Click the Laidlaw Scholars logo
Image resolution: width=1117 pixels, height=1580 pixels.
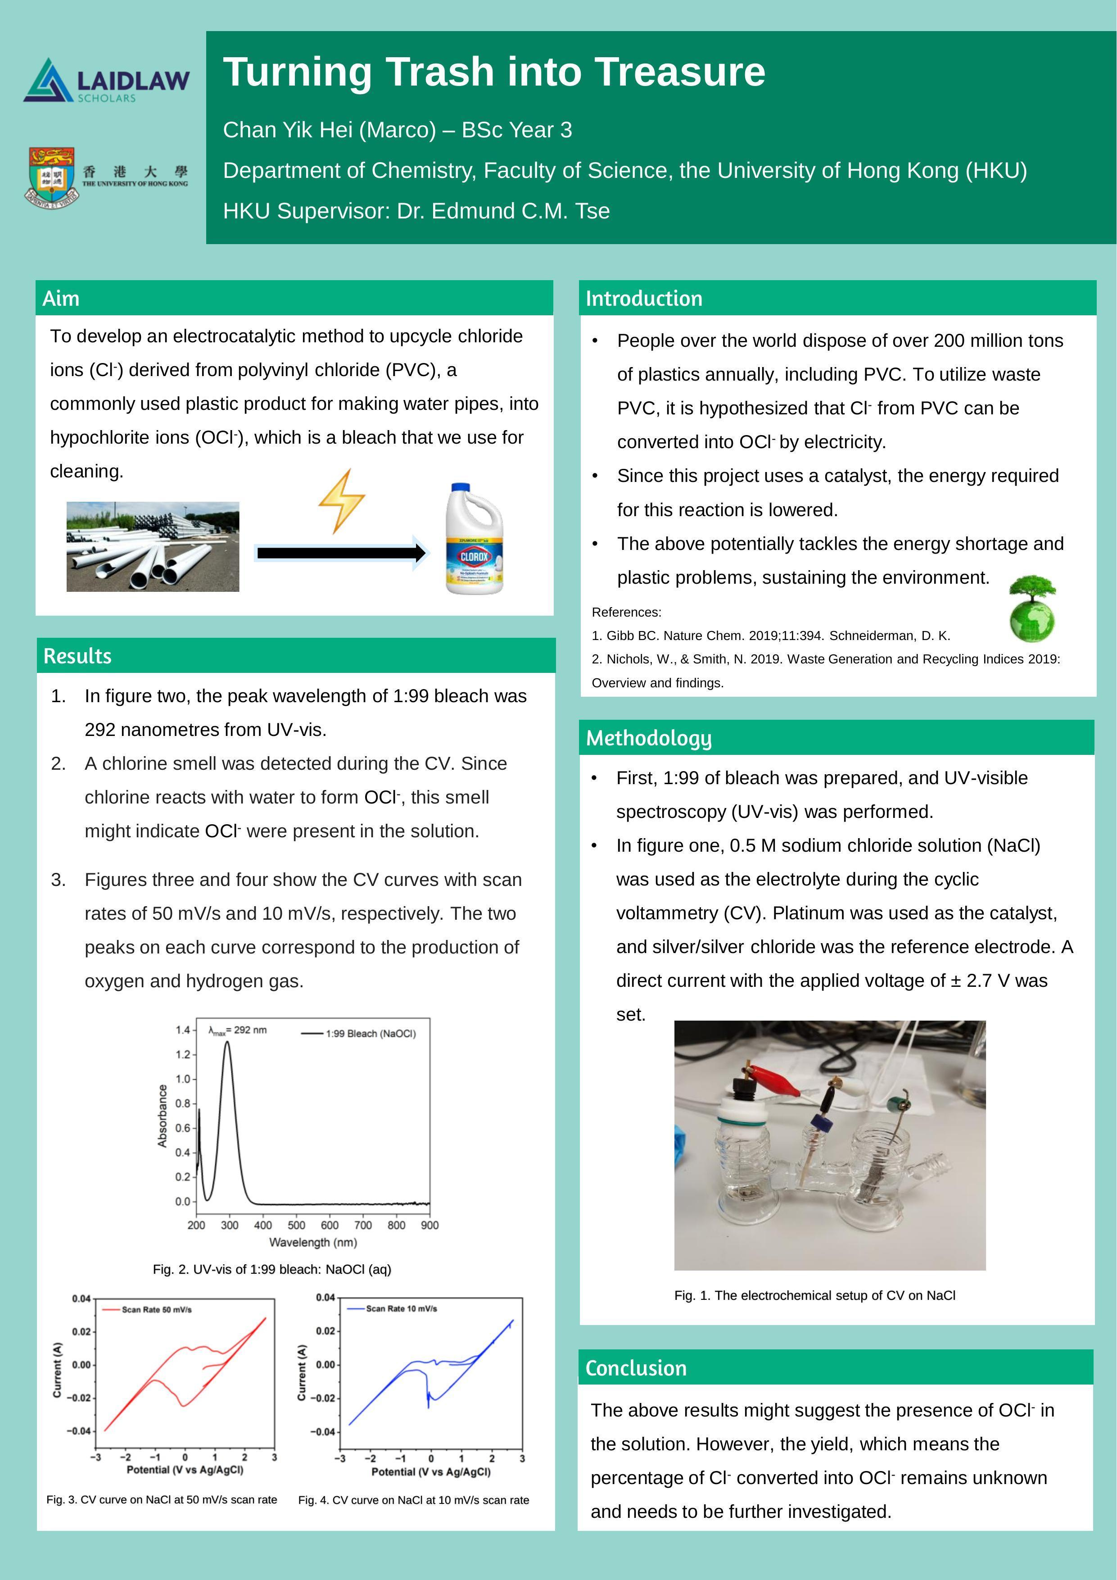107,81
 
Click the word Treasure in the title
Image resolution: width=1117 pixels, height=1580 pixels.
679,72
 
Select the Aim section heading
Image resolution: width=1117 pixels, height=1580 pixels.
61,299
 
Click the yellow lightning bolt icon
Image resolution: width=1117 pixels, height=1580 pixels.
341,500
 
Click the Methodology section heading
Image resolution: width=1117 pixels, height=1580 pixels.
649,738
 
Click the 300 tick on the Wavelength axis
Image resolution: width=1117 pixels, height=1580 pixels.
230,1226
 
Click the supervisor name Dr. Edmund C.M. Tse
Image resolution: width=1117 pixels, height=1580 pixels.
503,211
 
